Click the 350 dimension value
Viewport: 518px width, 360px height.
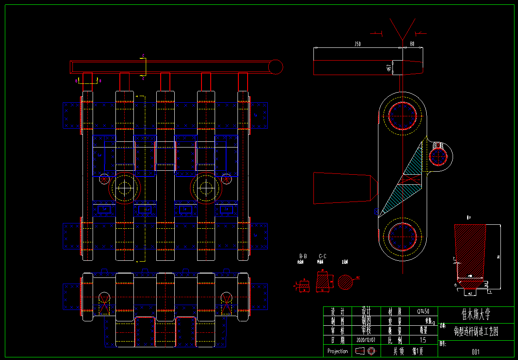(357, 44)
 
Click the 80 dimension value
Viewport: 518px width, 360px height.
(412, 44)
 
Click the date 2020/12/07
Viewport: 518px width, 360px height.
(366, 340)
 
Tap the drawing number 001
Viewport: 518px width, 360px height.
(475, 352)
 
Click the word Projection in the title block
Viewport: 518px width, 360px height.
(338, 351)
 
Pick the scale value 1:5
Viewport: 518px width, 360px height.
(423, 340)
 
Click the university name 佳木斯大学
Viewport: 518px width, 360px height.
(476, 315)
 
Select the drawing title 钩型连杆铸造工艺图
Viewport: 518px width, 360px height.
(476, 331)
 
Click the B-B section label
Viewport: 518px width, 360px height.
(303, 256)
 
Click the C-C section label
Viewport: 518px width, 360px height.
(323, 256)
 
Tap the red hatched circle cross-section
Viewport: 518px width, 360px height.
(345, 282)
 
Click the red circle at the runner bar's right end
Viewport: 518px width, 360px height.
(275, 67)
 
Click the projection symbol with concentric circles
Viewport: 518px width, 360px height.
(372, 351)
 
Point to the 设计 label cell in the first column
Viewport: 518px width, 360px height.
(338, 311)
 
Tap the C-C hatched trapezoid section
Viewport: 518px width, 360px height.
(323, 281)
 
